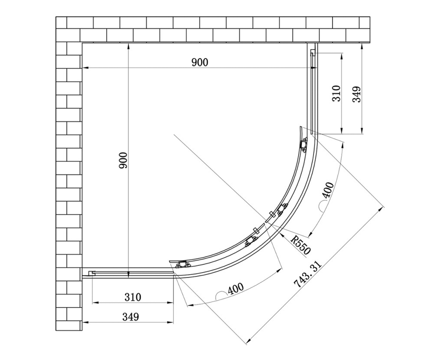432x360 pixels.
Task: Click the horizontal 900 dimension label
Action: [200, 62]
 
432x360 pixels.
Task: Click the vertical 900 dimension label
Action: [123, 160]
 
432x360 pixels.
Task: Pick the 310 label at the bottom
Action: [133, 297]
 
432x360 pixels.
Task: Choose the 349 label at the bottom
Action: [131, 317]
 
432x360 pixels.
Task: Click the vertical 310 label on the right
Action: [336, 93]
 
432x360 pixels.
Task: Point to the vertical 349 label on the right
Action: [356, 94]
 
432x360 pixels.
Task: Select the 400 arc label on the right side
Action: [328, 190]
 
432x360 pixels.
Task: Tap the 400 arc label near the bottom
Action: [236, 288]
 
